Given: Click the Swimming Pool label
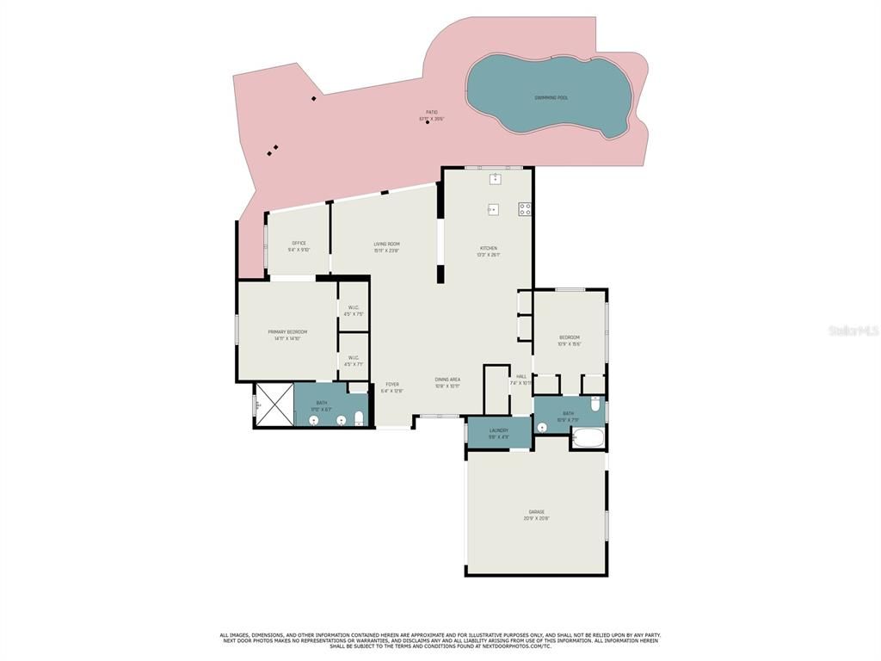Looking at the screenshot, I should [x=551, y=98].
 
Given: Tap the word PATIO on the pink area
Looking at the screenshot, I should [x=432, y=112].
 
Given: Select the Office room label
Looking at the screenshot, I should [x=299, y=244].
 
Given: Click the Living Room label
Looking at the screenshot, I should [x=386, y=244].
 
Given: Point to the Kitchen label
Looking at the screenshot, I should [x=488, y=249].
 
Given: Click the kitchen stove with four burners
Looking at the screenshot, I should [x=524, y=208].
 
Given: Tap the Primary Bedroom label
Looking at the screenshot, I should [x=286, y=332].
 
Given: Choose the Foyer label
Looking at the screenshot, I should [x=391, y=384].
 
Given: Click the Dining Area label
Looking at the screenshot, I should [x=447, y=380].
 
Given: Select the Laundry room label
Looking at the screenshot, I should [x=499, y=430].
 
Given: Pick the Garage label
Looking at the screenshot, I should [x=536, y=512].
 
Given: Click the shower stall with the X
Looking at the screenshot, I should [x=274, y=405].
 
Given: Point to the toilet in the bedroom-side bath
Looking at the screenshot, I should [x=595, y=403].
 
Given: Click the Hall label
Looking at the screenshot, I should [x=521, y=376].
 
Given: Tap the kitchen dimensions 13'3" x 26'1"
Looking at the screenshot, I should [x=488, y=255].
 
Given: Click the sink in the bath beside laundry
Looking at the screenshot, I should [x=542, y=427].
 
